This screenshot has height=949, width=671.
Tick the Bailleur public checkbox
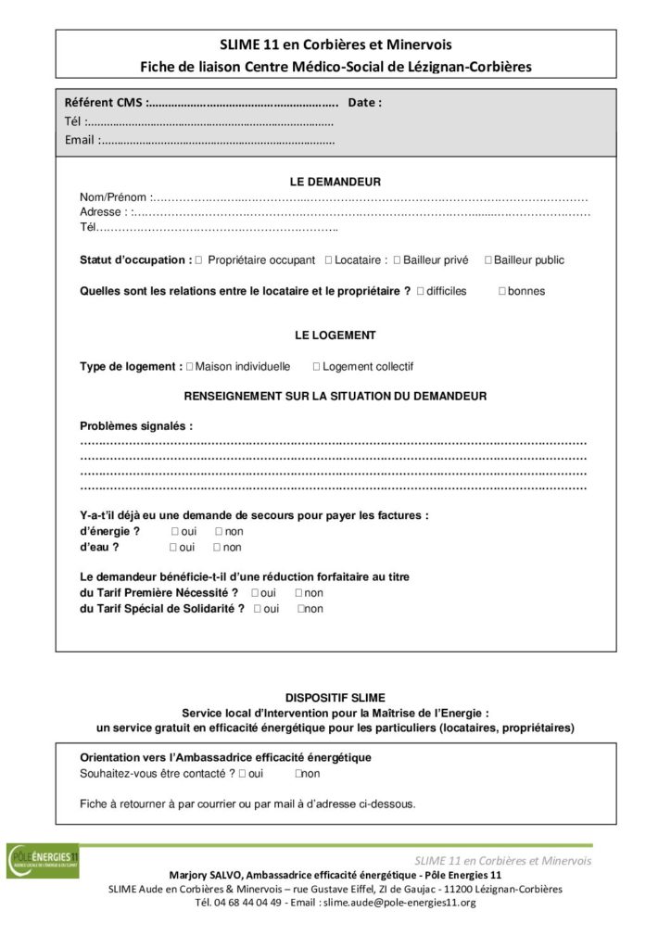click(487, 260)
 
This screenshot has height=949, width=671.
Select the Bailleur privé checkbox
click(397, 260)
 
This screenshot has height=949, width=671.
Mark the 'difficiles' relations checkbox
click(421, 291)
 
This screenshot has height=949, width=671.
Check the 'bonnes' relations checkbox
click(501, 291)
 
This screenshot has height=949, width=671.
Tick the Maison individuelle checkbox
click(190, 367)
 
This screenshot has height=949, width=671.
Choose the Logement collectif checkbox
click(316, 367)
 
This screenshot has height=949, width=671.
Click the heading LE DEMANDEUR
click(335, 183)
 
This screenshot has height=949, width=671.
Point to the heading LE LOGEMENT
click(335, 335)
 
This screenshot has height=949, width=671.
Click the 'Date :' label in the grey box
click(364, 103)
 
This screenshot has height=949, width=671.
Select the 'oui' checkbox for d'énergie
click(174, 532)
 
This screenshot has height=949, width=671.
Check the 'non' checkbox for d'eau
click(219, 548)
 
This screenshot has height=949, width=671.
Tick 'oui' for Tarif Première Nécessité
click(255, 593)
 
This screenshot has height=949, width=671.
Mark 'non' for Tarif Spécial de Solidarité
click(301, 609)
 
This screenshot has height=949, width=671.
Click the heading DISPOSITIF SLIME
click(335, 697)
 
